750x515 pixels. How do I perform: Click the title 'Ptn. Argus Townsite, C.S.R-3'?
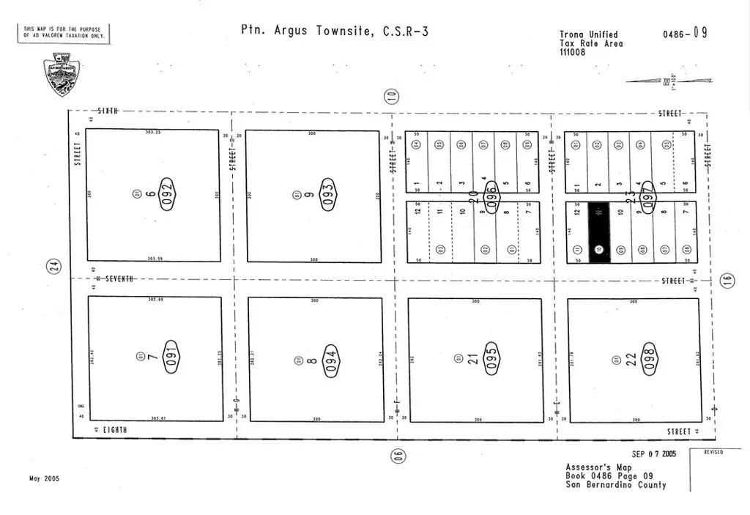334,31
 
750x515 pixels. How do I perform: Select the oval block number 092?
168,194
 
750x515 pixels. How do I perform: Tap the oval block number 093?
329,195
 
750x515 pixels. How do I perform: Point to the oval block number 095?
492,360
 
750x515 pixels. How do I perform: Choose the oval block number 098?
649,360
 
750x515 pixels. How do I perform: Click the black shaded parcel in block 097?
598,231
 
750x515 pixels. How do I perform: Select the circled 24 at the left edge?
53,268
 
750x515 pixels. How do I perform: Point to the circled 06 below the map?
398,455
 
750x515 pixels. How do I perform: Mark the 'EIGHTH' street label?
115,429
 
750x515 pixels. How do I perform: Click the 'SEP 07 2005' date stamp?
654,454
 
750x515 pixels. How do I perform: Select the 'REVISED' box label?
713,453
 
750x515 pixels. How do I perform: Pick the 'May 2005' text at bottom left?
45,478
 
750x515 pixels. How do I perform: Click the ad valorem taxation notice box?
64,32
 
